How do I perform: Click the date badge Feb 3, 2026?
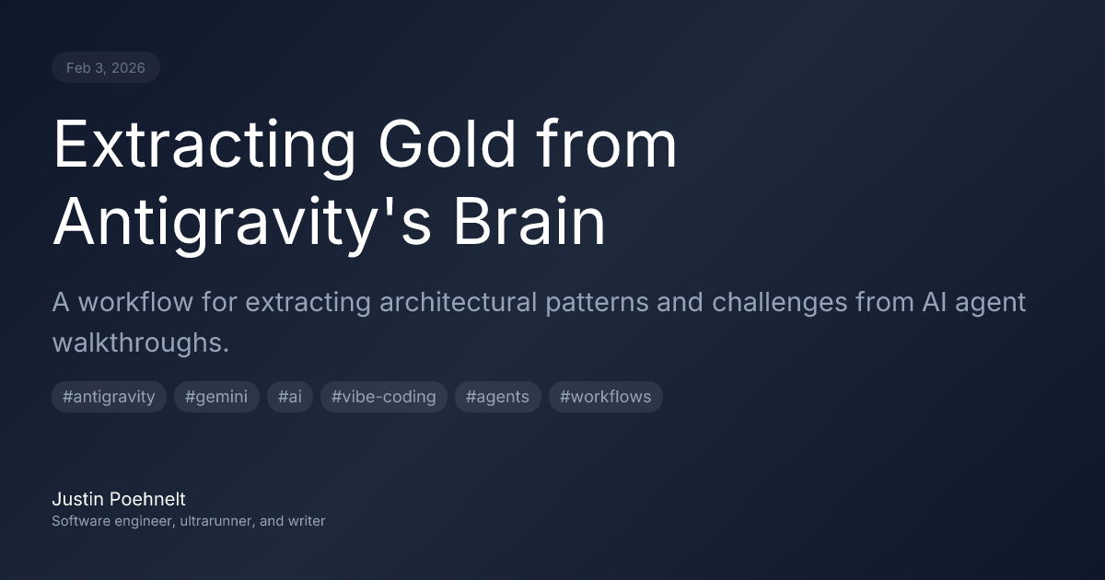[105, 68]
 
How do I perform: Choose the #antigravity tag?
[109, 397]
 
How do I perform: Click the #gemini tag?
[216, 397]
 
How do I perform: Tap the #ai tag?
[290, 397]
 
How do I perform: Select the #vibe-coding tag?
[384, 397]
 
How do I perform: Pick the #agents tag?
[497, 397]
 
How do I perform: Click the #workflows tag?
[605, 397]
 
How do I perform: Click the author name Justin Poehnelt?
[119, 499]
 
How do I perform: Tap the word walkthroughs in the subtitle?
[140, 342]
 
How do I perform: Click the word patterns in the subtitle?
[597, 302]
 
